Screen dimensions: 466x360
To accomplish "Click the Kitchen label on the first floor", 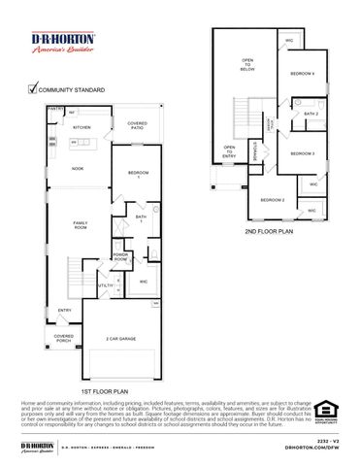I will (82, 128).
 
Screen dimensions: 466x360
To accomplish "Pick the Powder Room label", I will (120, 257).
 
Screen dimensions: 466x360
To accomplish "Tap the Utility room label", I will (105, 285).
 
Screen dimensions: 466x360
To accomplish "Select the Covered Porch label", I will (65, 339).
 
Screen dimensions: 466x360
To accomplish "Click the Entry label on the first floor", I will (64, 311).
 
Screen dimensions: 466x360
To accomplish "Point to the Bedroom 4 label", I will (302, 75).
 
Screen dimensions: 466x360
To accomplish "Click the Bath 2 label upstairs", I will (311, 114).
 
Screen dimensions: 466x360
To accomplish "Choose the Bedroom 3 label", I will (302, 154).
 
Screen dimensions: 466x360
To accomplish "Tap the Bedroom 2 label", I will (271, 200).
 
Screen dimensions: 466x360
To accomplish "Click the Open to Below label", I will (246, 65).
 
